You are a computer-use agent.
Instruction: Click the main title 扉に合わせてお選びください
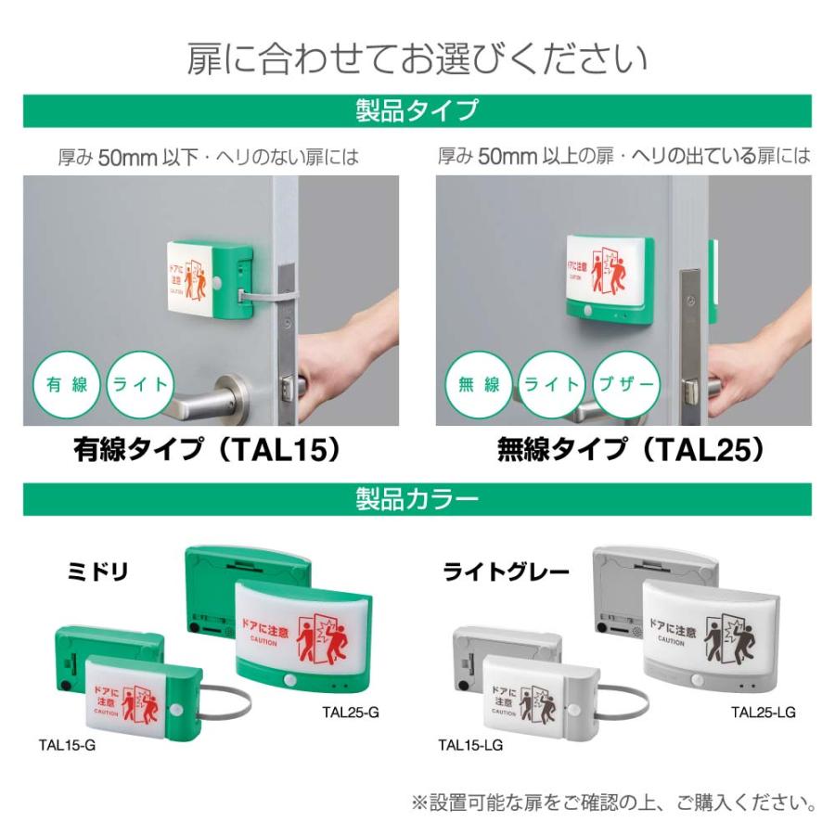click(417, 58)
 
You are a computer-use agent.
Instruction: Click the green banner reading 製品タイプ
click(417, 110)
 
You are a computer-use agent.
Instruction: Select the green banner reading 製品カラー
click(417, 499)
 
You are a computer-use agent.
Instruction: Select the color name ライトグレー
click(506, 572)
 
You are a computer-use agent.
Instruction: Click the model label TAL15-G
click(67, 744)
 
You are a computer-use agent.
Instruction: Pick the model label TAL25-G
click(347, 713)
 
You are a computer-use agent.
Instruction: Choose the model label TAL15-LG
click(470, 744)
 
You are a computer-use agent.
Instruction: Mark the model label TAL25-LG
click(763, 713)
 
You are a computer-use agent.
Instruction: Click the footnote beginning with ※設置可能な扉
click(613, 801)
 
